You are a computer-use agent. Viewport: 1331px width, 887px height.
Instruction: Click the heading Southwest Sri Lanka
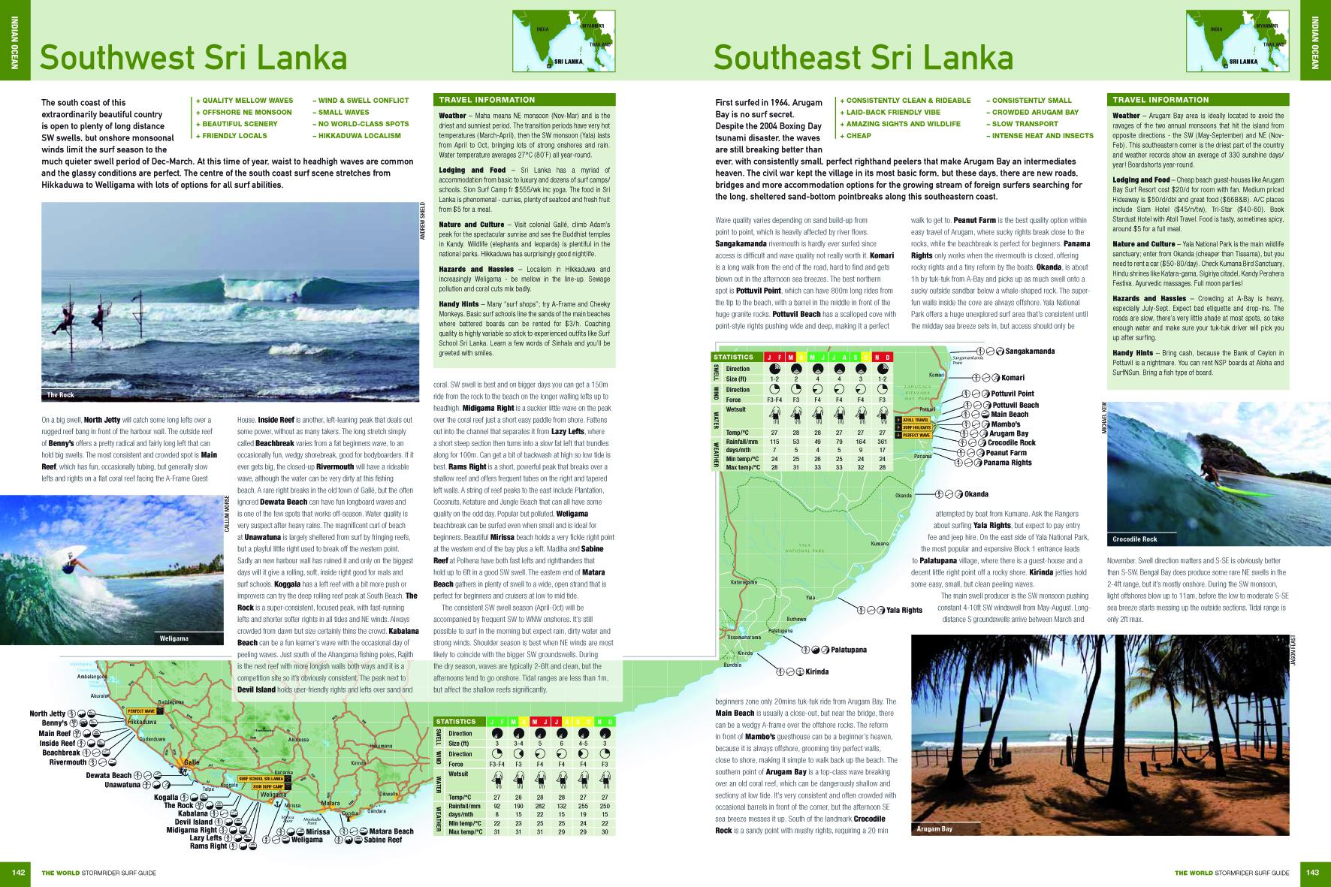193,59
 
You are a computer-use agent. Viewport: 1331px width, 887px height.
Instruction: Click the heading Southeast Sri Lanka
863,59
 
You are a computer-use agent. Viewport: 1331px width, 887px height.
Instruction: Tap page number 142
19,872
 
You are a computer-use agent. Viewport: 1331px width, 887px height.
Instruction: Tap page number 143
1312,872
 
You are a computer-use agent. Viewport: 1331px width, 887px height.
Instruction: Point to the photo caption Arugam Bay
934,828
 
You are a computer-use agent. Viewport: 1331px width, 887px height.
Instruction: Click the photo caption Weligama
174,638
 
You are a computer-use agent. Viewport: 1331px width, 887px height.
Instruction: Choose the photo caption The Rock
60,395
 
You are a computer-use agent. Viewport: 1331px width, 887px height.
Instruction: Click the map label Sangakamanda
1030,351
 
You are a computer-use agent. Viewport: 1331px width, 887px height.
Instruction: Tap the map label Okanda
976,494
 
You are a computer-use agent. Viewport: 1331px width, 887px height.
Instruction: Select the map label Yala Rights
904,610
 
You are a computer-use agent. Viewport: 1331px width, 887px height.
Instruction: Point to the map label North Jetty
47,714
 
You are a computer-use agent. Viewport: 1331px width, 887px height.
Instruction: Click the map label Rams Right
208,846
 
